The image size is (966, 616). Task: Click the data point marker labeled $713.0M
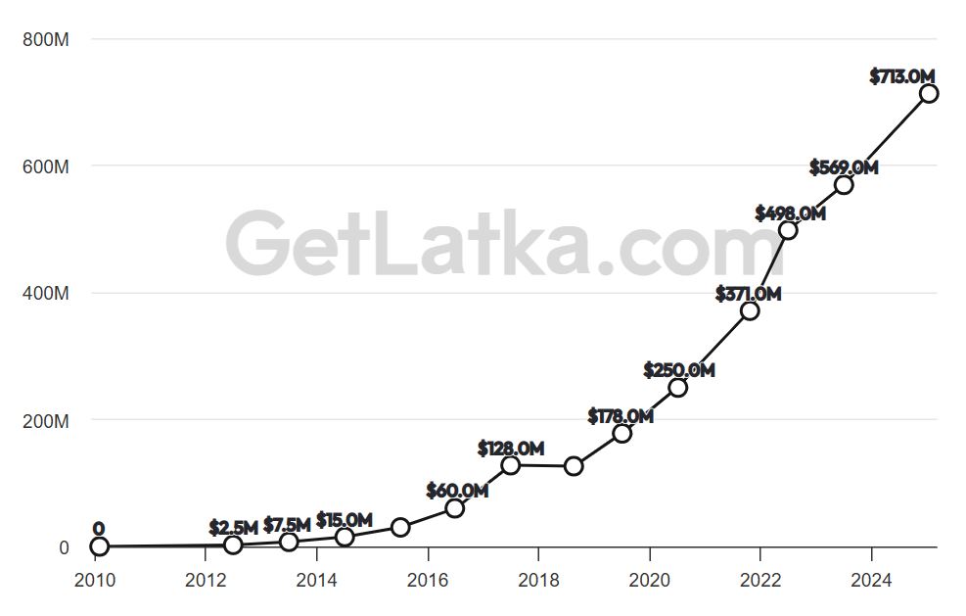tap(929, 93)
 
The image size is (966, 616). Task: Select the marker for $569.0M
tap(844, 184)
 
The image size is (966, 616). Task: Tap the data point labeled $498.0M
tap(788, 230)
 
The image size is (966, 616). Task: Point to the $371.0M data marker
tap(750, 310)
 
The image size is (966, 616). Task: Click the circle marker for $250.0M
tap(677, 387)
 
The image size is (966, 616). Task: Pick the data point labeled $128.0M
tap(510, 464)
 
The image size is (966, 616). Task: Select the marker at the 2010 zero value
tap(99, 546)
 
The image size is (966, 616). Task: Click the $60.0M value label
tap(457, 490)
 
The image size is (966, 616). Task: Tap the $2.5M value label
tap(233, 528)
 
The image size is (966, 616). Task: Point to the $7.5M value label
tap(287, 525)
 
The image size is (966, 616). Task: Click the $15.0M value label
tap(345, 519)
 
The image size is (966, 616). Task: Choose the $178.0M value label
tap(621, 416)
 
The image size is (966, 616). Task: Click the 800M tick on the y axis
tap(47, 39)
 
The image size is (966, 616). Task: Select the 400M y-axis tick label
tap(47, 293)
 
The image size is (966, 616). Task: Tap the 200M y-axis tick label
tap(47, 420)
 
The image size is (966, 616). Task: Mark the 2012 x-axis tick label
tap(205, 580)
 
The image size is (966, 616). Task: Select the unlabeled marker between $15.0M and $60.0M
tap(400, 527)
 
